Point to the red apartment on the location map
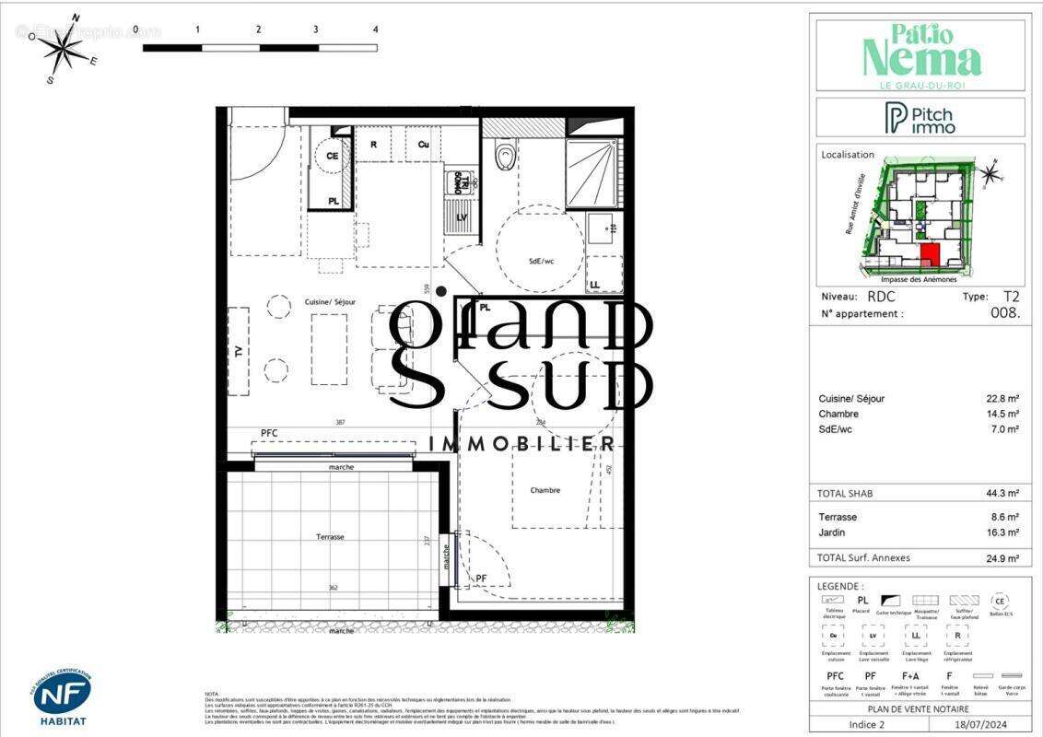click(930, 255)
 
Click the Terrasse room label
click(329, 535)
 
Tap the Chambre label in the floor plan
click(545, 490)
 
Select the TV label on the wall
click(238, 351)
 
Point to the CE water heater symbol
click(332, 157)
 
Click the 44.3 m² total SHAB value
click(1002, 494)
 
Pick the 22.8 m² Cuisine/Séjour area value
click(1002, 399)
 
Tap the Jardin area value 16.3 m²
click(1002, 532)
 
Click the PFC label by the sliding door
click(269, 432)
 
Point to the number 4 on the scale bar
click(375, 29)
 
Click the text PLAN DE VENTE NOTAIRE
click(919, 708)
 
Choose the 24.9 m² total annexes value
click(1002, 558)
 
